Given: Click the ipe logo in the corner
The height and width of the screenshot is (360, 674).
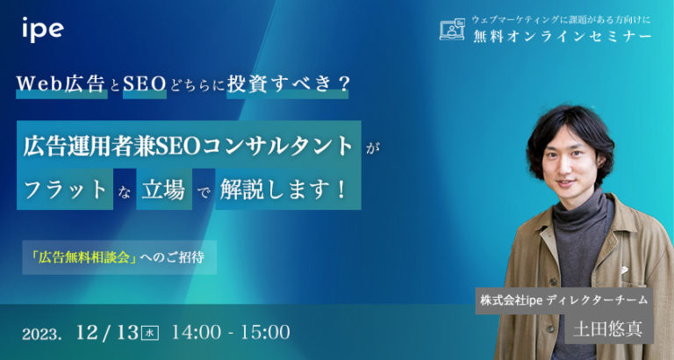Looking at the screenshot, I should (x=42, y=29).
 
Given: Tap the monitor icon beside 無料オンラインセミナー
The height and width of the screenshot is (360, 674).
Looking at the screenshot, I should (x=451, y=30).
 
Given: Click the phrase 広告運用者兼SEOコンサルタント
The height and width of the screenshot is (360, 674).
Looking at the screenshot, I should (x=190, y=144).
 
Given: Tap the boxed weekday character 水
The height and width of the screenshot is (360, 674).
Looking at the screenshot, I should (x=150, y=333).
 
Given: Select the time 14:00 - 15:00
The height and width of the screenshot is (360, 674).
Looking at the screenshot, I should (x=231, y=332).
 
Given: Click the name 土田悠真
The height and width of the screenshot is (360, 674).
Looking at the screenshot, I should (x=607, y=330).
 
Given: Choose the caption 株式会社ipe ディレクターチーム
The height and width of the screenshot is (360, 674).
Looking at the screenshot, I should (x=563, y=299).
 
